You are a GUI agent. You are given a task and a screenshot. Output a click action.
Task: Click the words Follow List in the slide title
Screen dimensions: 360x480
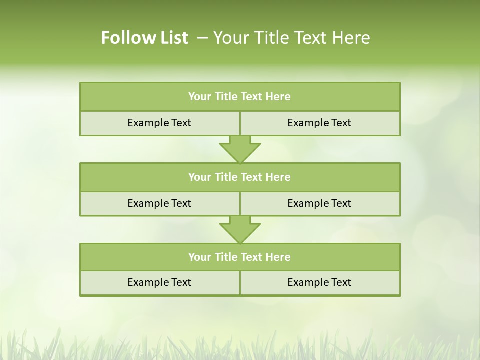click(144, 38)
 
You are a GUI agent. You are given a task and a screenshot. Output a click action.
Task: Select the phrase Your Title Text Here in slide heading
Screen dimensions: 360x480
click(292, 38)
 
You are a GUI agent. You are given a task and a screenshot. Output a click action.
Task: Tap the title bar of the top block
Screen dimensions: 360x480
click(240, 97)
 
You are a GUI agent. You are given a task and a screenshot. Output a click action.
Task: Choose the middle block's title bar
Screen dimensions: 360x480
click(240, 177)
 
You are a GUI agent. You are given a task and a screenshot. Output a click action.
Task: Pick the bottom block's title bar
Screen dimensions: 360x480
click(240, 257)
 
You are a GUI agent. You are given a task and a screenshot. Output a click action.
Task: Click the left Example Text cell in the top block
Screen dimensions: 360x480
click(159, 123)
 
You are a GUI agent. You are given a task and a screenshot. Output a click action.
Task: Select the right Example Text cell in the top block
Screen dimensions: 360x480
click(319, 123)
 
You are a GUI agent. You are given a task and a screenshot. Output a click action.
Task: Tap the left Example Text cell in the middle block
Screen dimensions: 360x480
click(159, 203)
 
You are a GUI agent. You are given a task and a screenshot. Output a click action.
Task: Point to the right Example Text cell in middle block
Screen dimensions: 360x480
click(319, 203)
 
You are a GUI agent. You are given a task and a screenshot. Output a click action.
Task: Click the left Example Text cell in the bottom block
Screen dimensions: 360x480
click(159, 282)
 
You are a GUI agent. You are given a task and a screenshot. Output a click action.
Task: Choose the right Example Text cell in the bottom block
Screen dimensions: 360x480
click(319, 282)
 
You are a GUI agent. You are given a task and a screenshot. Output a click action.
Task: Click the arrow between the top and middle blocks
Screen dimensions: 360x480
click(240, 149)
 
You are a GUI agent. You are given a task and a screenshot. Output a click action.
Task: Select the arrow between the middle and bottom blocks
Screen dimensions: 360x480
click(240, 230)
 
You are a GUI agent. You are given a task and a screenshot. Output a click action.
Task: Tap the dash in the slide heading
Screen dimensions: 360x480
click(203, 38)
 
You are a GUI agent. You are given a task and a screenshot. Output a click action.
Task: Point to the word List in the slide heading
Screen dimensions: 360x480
click(171, 38)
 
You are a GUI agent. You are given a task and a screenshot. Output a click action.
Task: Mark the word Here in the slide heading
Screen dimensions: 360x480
click(352, 38)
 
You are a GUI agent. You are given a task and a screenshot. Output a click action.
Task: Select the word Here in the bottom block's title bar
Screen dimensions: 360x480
click(278, 257)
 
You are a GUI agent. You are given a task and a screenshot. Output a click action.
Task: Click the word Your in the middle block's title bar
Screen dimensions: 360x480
click(199, 177)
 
